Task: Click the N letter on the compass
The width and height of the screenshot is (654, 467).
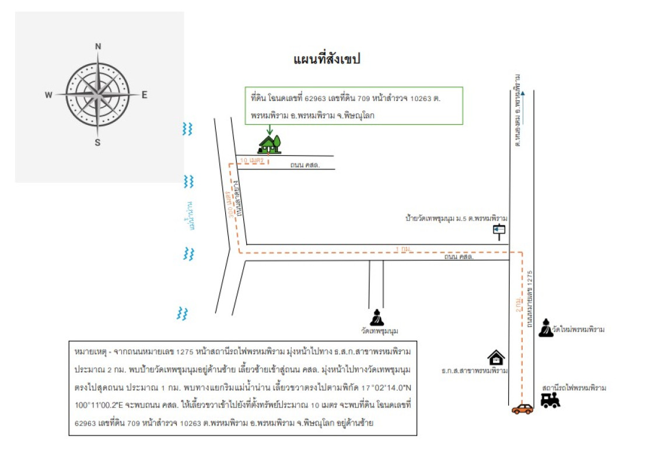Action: [x=98, y=47]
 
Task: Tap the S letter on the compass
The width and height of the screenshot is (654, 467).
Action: [x=98, y=142]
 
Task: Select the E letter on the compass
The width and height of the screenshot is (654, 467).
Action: [x=145, y=95]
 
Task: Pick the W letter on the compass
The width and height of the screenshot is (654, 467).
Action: [x=49, y=95]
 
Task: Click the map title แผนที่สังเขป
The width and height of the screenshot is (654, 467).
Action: [x=327, y=59]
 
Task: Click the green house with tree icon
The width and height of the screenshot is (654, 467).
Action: [x=270, y=142]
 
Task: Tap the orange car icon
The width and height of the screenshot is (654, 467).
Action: [x=522, y=409]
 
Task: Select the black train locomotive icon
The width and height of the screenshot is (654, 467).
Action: [x=550, y=400]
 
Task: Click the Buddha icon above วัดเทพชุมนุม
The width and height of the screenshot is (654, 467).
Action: [x=378, y=317]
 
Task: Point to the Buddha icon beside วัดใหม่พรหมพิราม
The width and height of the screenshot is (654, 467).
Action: [x=545, y=328]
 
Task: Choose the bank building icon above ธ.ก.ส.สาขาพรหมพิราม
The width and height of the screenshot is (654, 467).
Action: [x=496, y=357]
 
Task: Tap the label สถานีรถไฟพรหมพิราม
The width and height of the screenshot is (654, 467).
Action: [x=574, y=388]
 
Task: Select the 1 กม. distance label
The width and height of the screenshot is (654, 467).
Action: [x=402, y=249]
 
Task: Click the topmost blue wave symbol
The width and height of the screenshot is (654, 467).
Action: [x=187, y=129]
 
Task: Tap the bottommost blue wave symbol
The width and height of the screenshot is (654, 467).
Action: [x=183, y=313]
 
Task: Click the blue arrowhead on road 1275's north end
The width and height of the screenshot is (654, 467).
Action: [x=523, y=92]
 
